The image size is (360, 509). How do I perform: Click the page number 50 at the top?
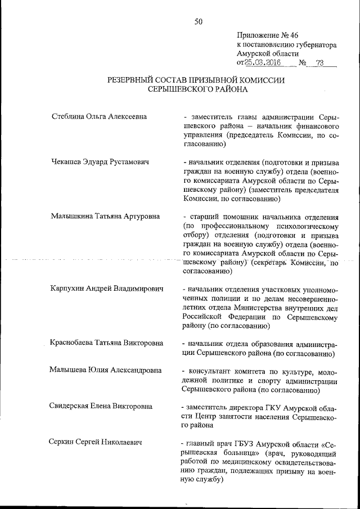(198, 21)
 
